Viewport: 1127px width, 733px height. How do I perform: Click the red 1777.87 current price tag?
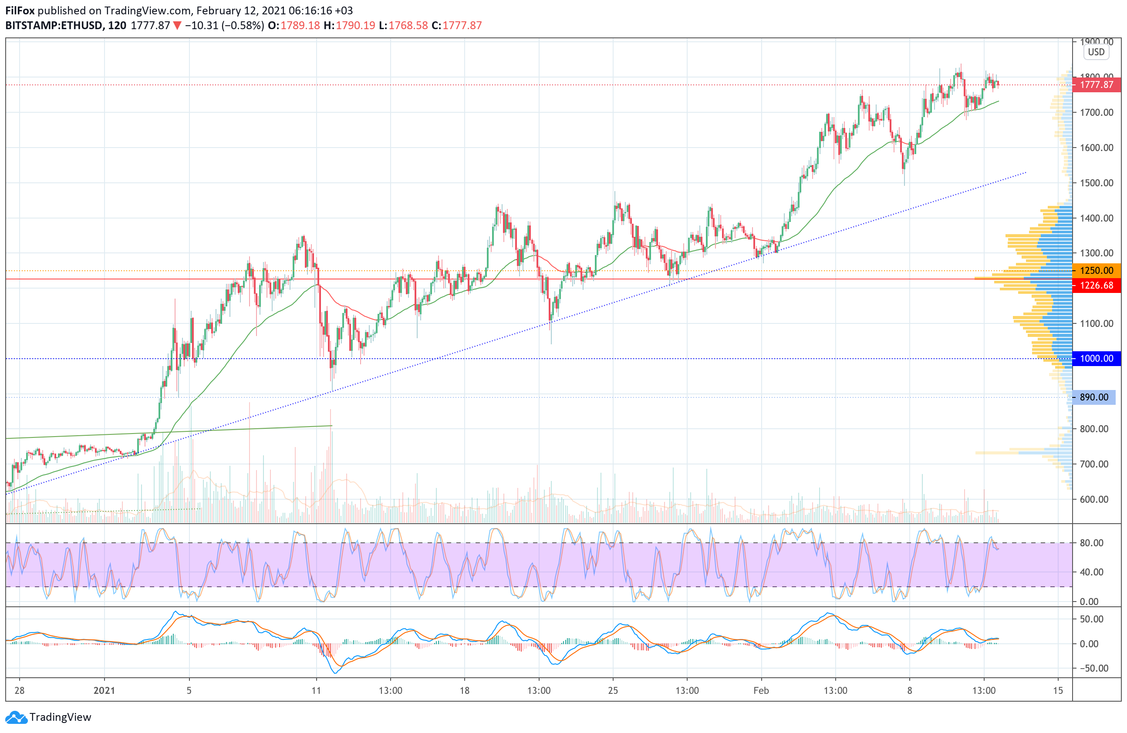tap(1096, 85)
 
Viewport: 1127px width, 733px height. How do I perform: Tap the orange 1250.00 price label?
tap(1096, 271)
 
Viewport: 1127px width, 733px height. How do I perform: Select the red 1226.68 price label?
tap(1096, 286)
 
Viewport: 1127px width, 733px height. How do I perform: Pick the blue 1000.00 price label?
tap(1096, 359)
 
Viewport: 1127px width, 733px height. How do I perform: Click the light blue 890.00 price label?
tap(1094, 397)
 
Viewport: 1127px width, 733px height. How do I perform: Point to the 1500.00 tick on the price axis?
tap(1096, 183)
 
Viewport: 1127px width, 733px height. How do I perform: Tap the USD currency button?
tap(1096, 52)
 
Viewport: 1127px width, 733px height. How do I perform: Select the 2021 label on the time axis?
tap(104, 690)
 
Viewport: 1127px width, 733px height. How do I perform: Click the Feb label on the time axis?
tap(761, 690)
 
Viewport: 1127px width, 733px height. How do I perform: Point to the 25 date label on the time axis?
tap(613, 690)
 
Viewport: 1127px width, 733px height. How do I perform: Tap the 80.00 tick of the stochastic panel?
tap(1091, 543)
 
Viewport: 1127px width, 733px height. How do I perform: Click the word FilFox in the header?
tap(20, 10)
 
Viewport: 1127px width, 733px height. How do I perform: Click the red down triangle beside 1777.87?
tap(177, 26)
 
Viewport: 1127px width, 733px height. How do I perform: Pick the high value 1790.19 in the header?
tap(355, 26)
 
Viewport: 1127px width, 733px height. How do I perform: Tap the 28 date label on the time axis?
tap(20, 690)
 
